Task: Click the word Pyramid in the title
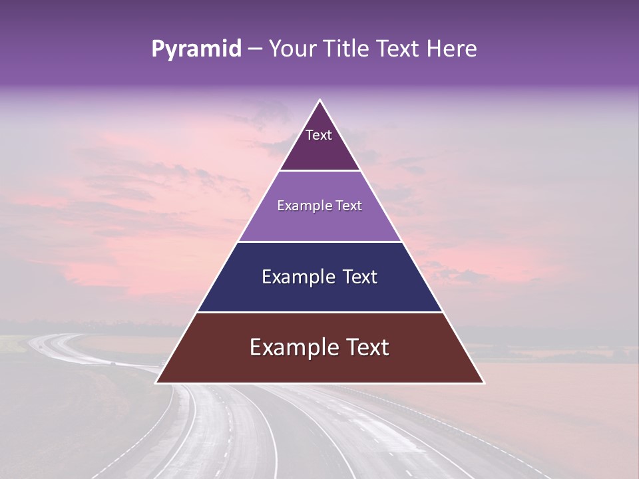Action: click(x=196, y=49)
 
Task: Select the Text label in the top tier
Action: click(x=319, y=135)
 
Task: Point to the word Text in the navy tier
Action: click(x=359, y=277)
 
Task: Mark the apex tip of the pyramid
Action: click(x=319, y=100)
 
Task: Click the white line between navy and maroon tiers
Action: click(x=319, y=312)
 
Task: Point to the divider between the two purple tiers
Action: click(x=319, y=171)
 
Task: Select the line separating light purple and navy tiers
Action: click(x=319, y=241)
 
